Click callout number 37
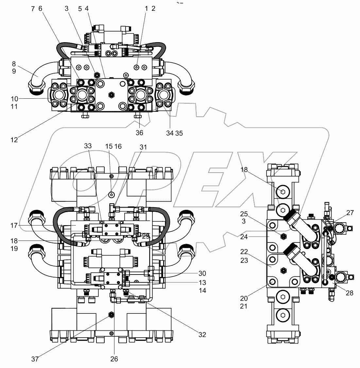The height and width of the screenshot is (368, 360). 35,359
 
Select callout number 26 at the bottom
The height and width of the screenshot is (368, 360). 114,359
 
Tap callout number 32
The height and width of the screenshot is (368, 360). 202,335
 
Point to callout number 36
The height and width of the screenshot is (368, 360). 140,133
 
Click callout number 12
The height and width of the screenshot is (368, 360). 14,140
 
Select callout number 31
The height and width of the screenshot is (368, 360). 143,147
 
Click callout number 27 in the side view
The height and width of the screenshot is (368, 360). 350,213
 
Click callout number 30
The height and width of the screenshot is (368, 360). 202,273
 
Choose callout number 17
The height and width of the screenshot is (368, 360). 14,226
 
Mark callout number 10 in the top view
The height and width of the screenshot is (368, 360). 14,99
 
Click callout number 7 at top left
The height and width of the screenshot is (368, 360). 33,9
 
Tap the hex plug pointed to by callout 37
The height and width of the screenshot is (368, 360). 111,315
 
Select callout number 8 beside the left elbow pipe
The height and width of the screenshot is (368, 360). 14,64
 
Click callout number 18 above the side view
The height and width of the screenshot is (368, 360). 244,169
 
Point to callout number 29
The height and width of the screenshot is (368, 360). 146,236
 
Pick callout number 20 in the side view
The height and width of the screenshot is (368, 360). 243,298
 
